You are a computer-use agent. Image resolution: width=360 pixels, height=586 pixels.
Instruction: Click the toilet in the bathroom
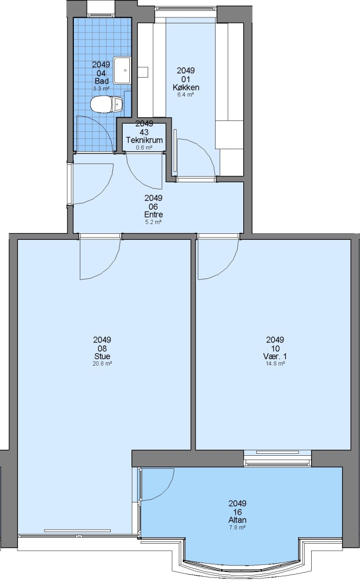click(x=106, y=104)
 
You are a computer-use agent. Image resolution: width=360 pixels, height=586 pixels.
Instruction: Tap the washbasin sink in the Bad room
click(x=122, y=70)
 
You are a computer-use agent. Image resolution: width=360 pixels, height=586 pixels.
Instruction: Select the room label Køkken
click(x=186, y=87)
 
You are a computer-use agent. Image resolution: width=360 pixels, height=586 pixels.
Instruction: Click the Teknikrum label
click(x=144, y=140)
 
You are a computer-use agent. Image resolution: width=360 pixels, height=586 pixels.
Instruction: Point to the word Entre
click(x=153, y=214)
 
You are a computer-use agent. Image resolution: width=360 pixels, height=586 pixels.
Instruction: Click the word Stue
click(x=102, y=356)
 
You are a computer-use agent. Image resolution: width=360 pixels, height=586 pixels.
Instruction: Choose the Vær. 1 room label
click(x=275, y=356)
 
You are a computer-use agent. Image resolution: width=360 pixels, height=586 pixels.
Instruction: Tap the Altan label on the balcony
click(x=237, y=520)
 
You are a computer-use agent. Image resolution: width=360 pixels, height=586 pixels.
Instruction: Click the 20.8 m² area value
click(x=103, y=363)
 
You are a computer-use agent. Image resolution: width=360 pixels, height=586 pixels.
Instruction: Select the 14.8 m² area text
click(x=275, y=363)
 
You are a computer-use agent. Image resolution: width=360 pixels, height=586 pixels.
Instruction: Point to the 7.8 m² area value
click(x=237, y=527)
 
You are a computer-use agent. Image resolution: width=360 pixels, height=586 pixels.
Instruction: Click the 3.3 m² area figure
click(x=102, y=88)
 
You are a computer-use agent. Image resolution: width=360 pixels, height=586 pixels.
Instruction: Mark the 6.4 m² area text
click(x=186, y=94)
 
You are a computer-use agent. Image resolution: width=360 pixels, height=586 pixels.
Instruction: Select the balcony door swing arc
click(x=166, y=491)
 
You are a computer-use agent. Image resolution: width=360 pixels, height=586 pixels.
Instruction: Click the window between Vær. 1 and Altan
click(x=277, y=458)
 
